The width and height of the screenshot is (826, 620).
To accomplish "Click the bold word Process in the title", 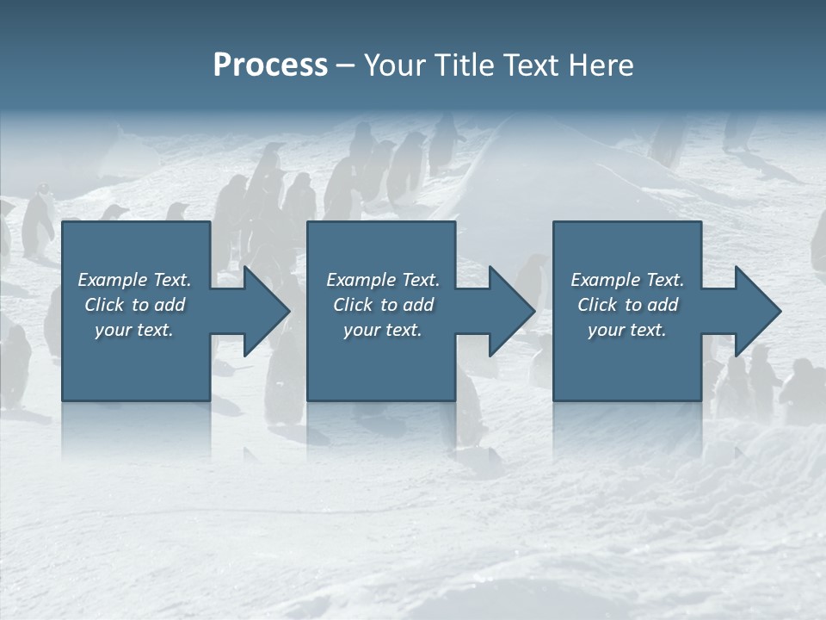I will point(270,65).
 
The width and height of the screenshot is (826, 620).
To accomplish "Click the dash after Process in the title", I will point(346,66).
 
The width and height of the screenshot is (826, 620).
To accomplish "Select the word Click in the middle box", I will point(353,305).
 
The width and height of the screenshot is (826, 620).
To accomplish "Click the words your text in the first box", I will point(134,330).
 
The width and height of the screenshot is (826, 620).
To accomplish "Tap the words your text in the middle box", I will point(382,330).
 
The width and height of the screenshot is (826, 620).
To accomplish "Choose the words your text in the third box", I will point(627,330).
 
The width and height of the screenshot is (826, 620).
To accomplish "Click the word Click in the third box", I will point(597,305).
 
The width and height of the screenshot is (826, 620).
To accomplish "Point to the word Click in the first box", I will point(104,305).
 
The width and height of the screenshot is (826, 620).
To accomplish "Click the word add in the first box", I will point(171,305).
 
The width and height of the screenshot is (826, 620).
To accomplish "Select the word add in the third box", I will point(663,305).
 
